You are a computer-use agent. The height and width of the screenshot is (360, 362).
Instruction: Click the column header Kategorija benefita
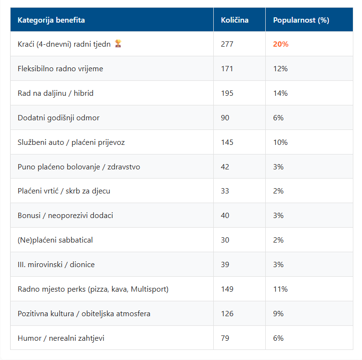coord(51,20)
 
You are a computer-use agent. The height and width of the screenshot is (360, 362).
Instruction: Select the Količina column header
coord(234,20)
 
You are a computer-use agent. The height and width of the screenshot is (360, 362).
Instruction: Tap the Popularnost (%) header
coord(301,20)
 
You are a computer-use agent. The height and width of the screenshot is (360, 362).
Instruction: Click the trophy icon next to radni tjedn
coord(118,43)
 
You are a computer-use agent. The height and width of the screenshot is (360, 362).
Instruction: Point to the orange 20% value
coord(281,44)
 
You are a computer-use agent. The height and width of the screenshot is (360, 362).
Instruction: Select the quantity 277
coord(227,44)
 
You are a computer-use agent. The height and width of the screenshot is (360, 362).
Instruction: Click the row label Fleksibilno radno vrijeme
coord(60,69)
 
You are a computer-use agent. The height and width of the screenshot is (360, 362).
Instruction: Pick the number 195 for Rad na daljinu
coord(227,93)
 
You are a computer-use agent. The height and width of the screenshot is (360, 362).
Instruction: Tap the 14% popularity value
coord(280,93)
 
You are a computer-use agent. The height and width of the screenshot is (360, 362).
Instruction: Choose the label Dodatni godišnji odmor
coord(58,118)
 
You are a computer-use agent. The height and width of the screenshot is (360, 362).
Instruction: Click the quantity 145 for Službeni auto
coord(227,142)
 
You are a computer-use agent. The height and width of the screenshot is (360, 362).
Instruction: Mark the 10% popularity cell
coord(280,142)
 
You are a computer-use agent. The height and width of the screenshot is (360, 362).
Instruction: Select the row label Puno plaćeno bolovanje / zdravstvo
coord(79,167)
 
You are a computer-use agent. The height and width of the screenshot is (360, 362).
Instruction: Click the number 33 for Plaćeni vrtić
coord(225,191)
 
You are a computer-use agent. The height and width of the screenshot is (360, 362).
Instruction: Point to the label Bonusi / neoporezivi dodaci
coord(65,216)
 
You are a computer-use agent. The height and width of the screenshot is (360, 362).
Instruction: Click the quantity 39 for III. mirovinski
coord(225,264)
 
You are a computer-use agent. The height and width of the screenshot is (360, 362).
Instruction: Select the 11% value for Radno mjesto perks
coord(280,289)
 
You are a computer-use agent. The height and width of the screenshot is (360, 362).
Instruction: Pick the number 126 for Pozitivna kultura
coord(227,314)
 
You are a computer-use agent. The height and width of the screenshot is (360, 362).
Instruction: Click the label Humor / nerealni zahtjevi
coord(61,338)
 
